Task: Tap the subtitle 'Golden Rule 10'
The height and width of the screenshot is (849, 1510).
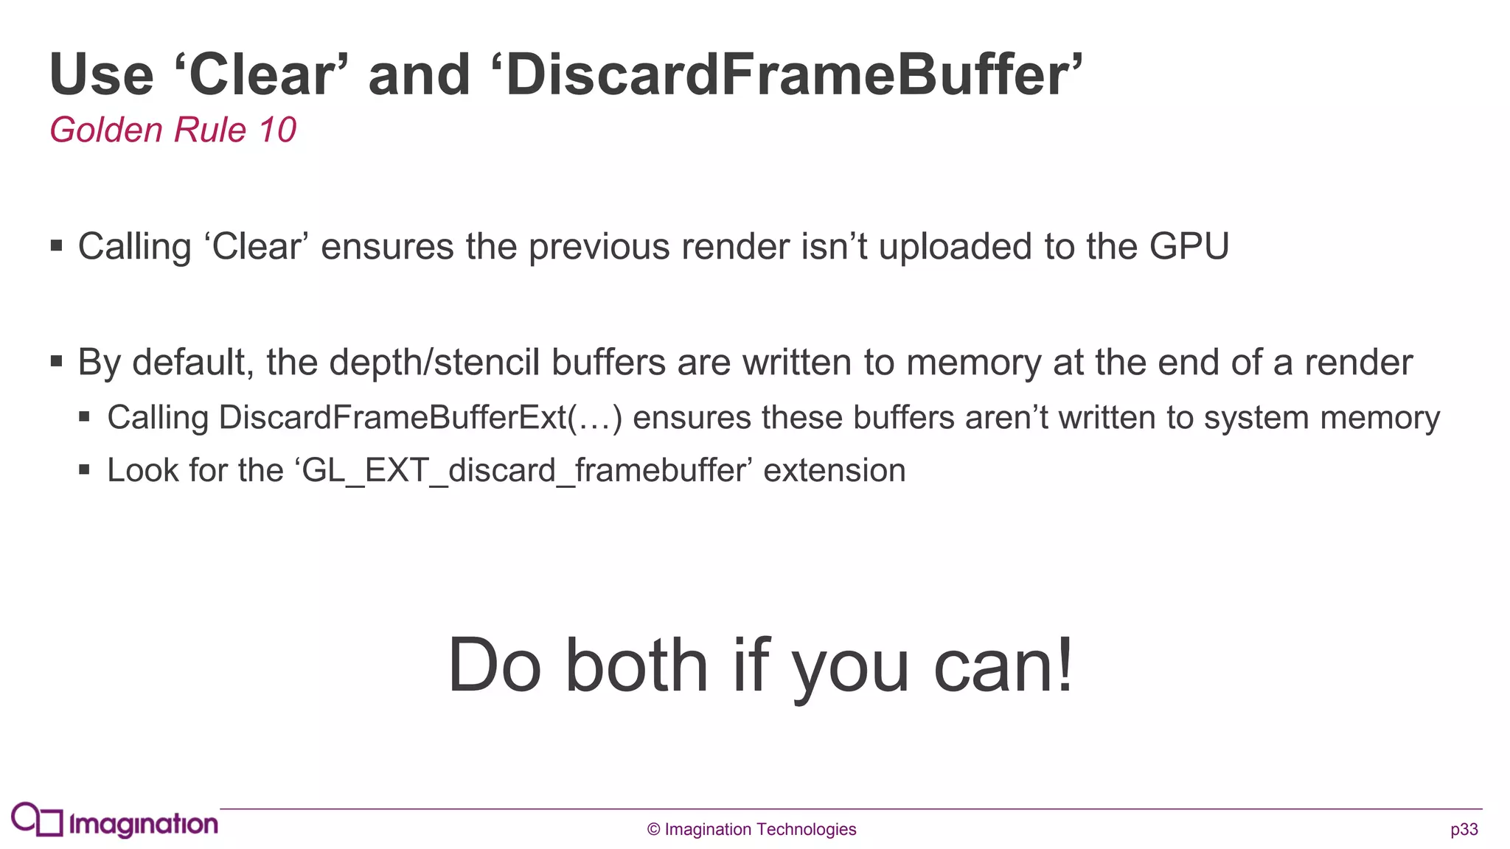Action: [x=173, y=130]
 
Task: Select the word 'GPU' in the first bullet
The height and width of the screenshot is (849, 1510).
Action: [x=1189, y=246]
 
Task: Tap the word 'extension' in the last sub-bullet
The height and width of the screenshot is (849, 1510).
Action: [x=834, y=470]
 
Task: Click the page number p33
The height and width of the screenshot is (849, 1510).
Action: [x=1464, y=830]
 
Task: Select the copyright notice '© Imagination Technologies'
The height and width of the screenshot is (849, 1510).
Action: [x=751, y=830]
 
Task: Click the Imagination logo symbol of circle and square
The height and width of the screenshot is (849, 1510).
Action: [x=37, y=820]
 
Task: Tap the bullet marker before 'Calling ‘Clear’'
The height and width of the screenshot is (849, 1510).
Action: [x=57, y=245]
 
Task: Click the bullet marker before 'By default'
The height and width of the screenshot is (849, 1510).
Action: [x=57, y=361]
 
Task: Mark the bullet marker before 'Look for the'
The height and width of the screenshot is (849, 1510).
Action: [x=84, y=469]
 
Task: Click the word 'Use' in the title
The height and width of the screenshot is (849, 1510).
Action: [x=102, y=75]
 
